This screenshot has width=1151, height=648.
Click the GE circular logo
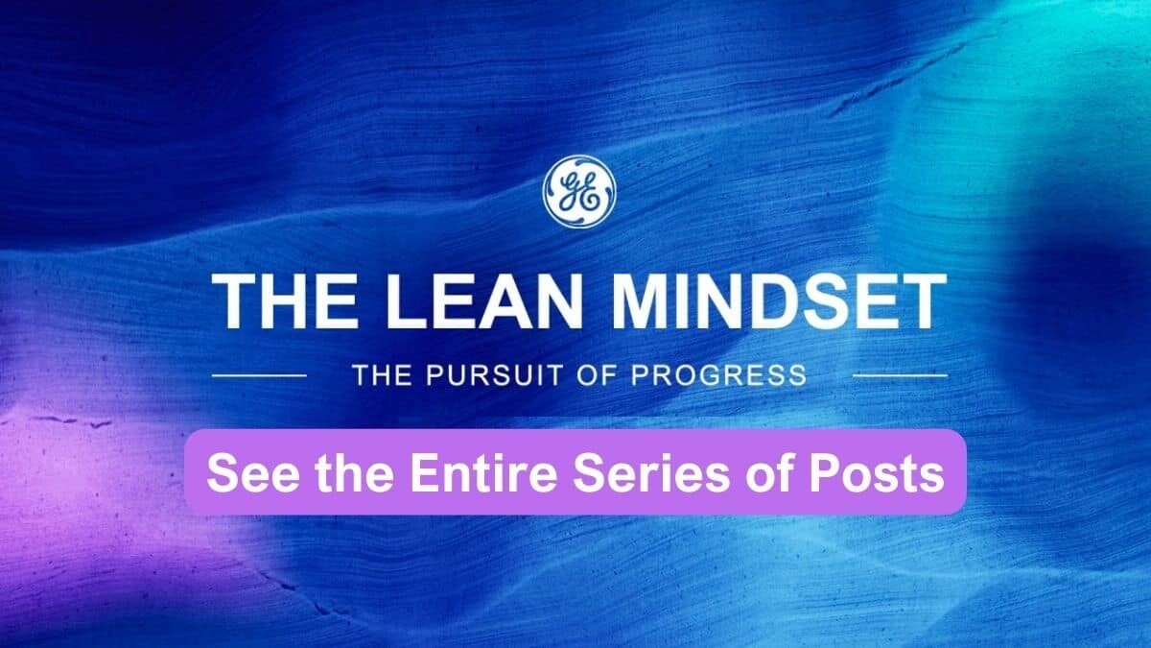[578, 190]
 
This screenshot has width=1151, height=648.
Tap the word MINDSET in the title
[780, 301]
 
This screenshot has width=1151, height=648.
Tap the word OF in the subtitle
[602, 374]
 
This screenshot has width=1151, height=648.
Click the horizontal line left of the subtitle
[258, 375]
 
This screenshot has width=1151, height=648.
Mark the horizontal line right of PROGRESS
[899, 375]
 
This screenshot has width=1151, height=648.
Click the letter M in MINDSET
[642, 301]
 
